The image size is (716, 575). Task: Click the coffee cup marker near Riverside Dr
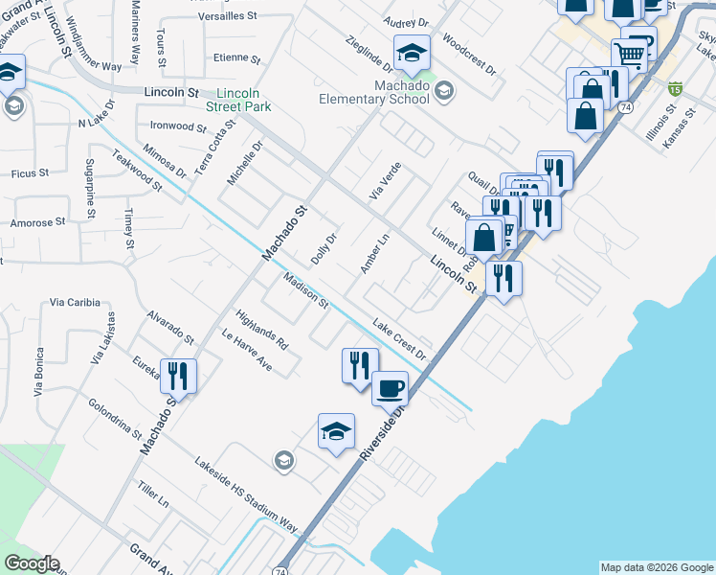(x=389, y=389)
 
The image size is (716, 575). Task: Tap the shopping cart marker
(x=631, y=55)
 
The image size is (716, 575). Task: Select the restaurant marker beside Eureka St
(x=178, y=375)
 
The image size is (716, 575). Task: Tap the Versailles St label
(x=228, y=16)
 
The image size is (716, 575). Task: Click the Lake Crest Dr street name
(x=398, y=338)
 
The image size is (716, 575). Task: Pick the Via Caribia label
(x=75, y=302)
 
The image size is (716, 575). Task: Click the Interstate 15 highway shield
(x=676, y=89)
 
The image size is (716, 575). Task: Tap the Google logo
(x=31, y=563)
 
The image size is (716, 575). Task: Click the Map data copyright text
(x=657, y=567)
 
